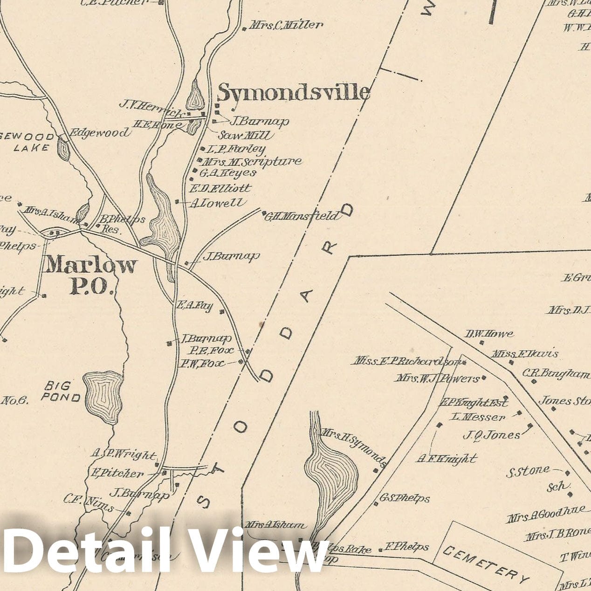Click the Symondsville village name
(x=294, y=92)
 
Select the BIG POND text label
(x=61, y=392)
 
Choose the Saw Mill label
(x=246, y=135)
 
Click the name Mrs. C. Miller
(x=285, y=25)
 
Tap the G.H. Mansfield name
(x=302, y=216)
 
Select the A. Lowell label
(x=217, y=202)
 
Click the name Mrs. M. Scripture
(x=252, y=161)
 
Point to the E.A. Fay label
(x=194, y=306)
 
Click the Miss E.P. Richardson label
(x=405, y=361)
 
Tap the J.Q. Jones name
(x=491, y=435)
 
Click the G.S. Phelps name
(x=405, y=498)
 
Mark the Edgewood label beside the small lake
(x=99, y=133)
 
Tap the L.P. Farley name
(x=236, y=149)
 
